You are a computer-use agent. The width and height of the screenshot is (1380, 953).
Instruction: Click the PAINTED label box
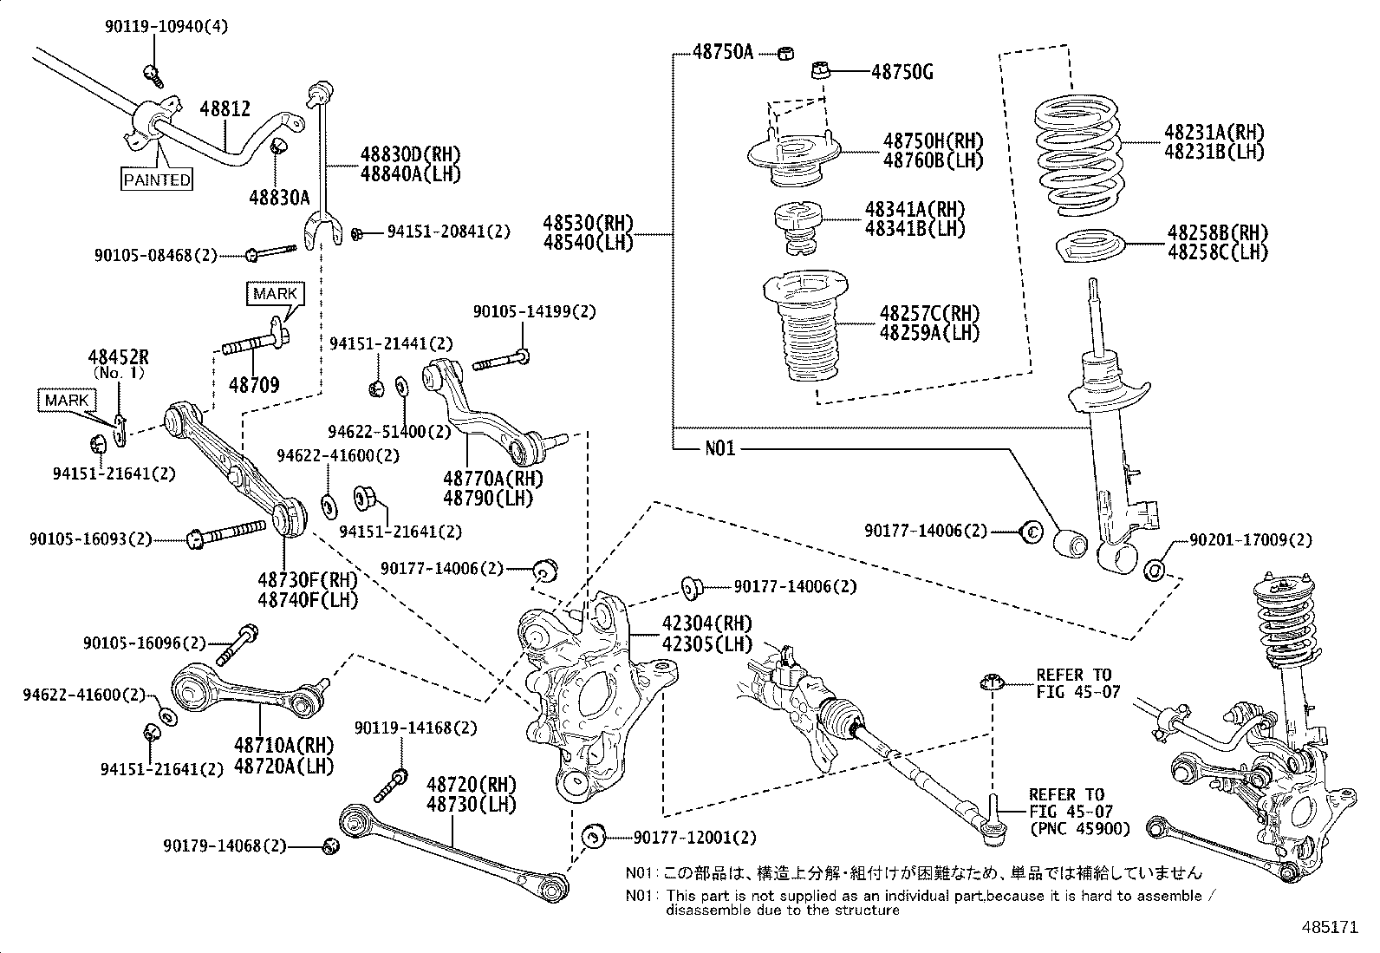coord(156,180)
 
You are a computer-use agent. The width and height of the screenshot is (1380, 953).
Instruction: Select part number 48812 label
coord(225,109)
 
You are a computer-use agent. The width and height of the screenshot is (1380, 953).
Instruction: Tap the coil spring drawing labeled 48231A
coord(1077,158)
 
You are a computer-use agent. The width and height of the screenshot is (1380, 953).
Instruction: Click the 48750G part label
coord(902,72)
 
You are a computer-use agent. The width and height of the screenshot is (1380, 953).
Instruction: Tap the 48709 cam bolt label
coord(254,384)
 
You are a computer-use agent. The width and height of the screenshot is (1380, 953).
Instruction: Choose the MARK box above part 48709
coord(275,293)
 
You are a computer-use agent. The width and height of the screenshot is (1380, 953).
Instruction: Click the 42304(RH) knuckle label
coord(696,623)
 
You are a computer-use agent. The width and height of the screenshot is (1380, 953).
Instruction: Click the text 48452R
coord(119,356)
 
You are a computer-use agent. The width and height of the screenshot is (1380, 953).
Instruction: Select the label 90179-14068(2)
coord(224,845)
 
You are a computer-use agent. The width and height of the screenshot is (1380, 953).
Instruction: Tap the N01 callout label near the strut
coord(719,448)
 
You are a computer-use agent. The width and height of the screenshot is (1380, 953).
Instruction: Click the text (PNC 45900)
coord(1080,829)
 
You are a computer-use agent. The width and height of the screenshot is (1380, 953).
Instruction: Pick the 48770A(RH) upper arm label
coord(488,478)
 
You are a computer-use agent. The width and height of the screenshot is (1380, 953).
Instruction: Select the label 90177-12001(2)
coord(694,838)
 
